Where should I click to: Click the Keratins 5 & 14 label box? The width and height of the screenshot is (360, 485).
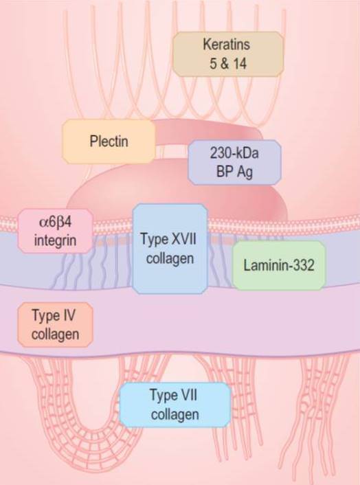point(228,54)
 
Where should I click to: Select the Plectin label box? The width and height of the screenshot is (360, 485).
point(109,142)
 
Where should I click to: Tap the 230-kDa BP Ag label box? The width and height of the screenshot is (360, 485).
point(234,162)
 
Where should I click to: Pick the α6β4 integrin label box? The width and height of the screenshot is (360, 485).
point(56,231)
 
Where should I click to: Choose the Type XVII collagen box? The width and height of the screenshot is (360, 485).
point(170,249)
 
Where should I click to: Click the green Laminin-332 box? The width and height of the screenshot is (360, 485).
point(279,265)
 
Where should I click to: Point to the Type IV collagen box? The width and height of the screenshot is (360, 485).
point(56,325)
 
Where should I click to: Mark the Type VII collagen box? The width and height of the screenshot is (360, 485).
point(175,405)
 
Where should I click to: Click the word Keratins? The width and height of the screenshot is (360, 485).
point(227,44)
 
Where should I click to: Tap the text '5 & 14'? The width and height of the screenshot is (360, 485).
point(228,64)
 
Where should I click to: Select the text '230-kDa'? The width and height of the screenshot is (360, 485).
point(234,153)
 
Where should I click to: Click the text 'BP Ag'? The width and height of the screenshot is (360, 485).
point(234,172)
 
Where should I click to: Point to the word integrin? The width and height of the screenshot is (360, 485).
point(56,240)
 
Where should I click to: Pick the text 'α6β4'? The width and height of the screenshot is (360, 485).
point(56,222)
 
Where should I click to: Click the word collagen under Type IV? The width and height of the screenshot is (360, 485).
point(56,335)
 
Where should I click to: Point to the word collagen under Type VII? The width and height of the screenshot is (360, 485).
point(175,414)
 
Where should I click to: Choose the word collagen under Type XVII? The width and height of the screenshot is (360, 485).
point(170,258)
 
